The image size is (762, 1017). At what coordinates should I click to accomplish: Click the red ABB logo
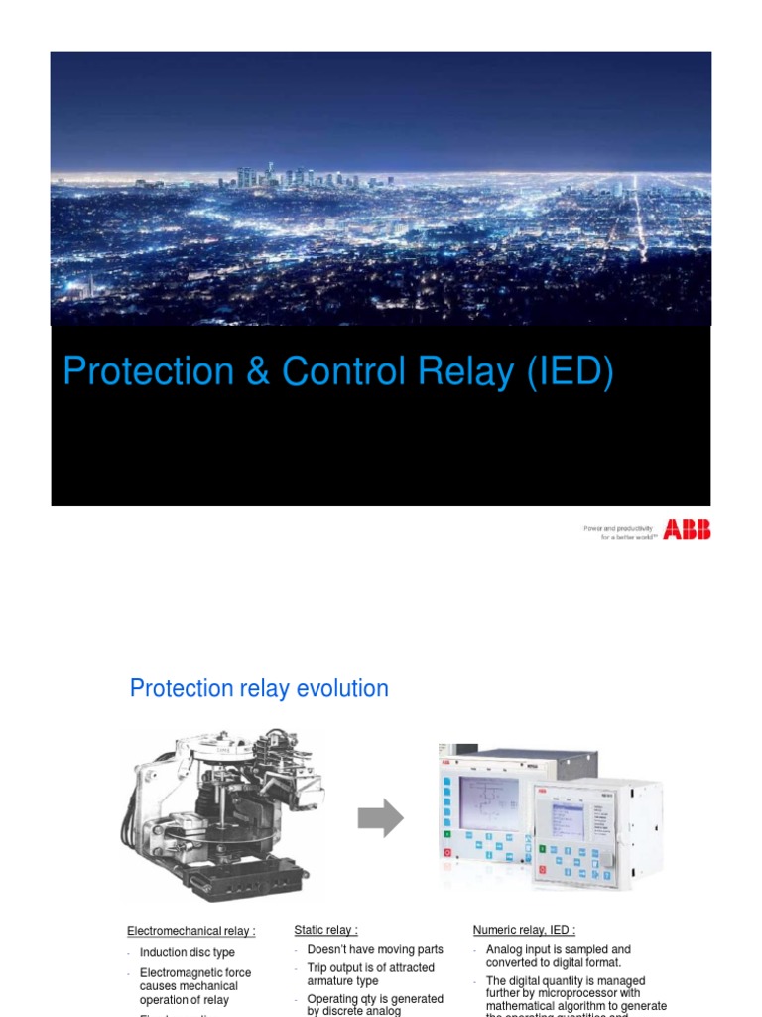pyautogui.click(x=687, y=530)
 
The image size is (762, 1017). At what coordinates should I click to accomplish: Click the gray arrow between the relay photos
pyautogui.click(x=381, y=819)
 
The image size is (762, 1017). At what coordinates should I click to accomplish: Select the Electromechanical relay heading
pyautogui.click(x=190, y=931)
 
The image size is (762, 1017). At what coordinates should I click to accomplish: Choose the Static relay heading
pyautogui.click(x=325, y=930)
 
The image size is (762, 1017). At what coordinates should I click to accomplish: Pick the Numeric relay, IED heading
pyautogui.click(x=524, y=930)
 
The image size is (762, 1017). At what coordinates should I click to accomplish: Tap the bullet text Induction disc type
pyautogui.click(x=188, y=953)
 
